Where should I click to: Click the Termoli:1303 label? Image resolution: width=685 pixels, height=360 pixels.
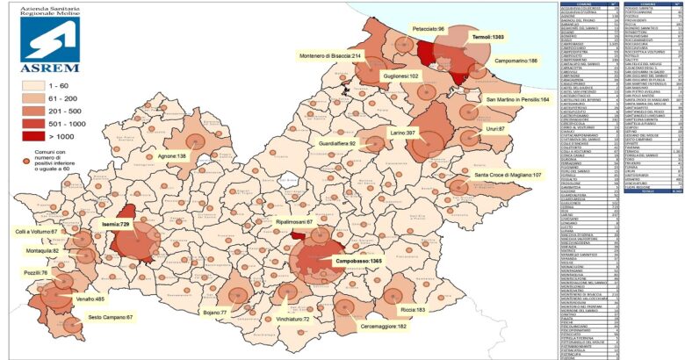point(486,38)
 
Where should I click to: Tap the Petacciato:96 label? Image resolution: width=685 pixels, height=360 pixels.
point(429,30)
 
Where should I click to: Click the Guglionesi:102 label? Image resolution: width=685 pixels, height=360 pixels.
point(400,76)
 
